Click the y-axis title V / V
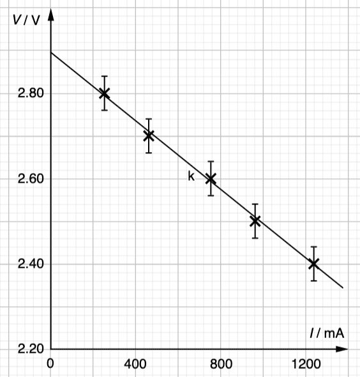26,20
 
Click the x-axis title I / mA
327,334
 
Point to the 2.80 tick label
31,93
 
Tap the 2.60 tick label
31,179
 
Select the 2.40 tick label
31,264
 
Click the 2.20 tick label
31,349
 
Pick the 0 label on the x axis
50,364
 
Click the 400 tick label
135,364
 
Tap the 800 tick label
221,364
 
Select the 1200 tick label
306,364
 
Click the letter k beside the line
191,176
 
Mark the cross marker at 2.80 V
104,93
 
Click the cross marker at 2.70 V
149,136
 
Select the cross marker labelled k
211,179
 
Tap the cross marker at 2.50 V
255,221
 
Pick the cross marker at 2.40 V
313,264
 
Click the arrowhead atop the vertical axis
50,15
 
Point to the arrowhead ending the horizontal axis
341,349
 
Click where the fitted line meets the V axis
51,52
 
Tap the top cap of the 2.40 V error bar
313,247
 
